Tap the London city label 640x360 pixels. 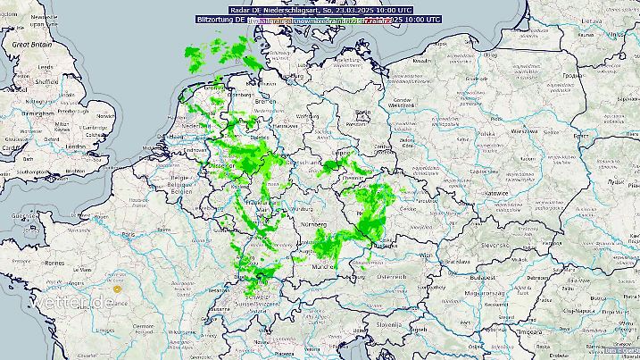point(74,146)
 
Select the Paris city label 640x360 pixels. point(129,235)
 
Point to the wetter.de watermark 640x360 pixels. point(74,303)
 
